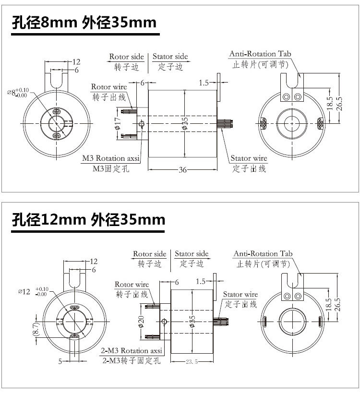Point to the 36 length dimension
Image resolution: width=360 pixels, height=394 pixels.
(182, 169)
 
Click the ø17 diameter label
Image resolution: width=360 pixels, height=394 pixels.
(118, 124)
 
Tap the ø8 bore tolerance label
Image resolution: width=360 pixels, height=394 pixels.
(18, 92)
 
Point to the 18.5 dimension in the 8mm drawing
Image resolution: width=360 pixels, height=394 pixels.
(329, 103)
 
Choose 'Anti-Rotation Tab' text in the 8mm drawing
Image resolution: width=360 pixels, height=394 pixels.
(260, 54)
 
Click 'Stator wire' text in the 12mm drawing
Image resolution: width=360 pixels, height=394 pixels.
(240, 294)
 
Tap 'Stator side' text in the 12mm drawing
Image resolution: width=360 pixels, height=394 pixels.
(192, 253)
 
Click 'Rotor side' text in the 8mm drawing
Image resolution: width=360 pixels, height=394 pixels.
(126, 57)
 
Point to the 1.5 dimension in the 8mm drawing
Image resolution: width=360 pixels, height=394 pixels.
(204, 83)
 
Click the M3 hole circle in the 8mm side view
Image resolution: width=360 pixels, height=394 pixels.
(142, 124)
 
